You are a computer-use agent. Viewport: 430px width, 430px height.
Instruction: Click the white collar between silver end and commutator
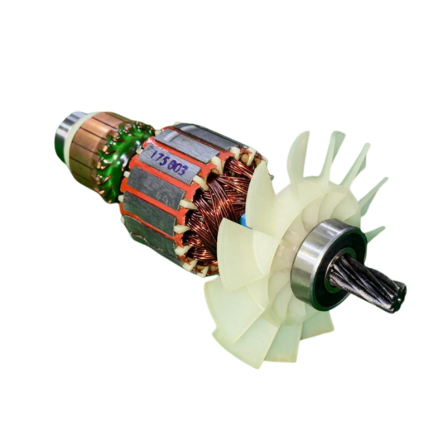(75, 138)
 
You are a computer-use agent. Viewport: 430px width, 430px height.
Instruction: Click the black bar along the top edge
(215, 17)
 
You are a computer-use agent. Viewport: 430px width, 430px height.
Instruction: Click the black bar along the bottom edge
(215, 412)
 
